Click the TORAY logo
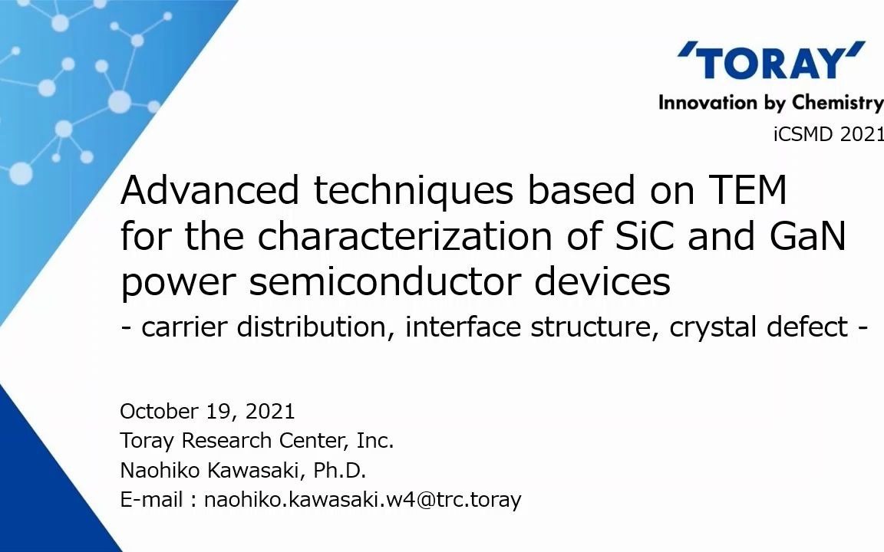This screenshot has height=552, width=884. pyautogui.click(x=771, y=62)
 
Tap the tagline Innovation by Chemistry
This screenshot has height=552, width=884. pyautogui.click(x=770, y=102)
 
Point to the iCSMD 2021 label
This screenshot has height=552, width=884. pyautogui.click(x=828, y=134)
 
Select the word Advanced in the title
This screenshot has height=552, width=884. pyautogui.click(x=210, y=190)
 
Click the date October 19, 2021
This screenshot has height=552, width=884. pyautogui.click(x=207, y=412)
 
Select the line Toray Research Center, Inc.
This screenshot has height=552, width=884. pyautogui.click(x=256, y=441)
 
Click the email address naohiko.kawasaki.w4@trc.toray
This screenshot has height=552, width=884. pyautogui.click(x=362, y=500)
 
